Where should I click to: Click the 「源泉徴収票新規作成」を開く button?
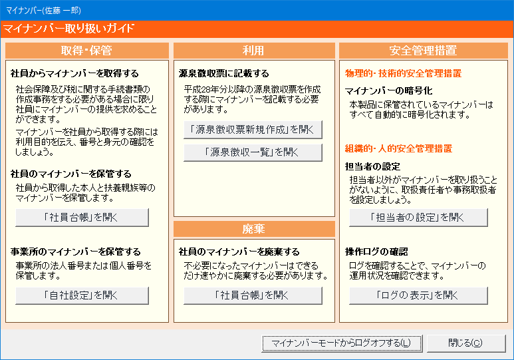pyautogui.click(x=253, y=130)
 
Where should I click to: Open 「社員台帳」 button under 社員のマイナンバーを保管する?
pyautogui.click(x=82, y=217)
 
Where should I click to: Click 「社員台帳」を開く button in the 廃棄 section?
pyautogui.click(x=253, y=295)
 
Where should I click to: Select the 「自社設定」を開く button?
pyautogui.click(x=82, y=295)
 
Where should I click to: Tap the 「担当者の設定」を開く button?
pyautogui.click(x=418, y=217)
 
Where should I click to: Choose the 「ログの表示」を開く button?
pyautogui.click(x=418, y=295)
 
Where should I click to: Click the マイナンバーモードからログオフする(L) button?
pyautogui.click(x=342, y=343)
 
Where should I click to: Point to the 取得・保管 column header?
pyautogui.click(x=87, y=51)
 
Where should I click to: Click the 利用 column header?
pyautogui.click(x=254, y=51)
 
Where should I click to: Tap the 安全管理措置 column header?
pyautogui.click(x=423, y=51)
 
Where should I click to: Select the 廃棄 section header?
pyautogui.click(x=254, y=229)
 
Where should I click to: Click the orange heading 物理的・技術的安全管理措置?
pyautogui.click(x=403, y=73)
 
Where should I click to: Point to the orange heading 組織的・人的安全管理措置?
pyautogui.click(x=398, y=148)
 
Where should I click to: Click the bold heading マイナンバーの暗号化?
pyautogui.click(x=389, y=90)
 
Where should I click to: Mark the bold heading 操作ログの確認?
pyautogui.click(x=376, y=252)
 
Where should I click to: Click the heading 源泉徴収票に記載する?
pyautogui.click(x=224, y=73)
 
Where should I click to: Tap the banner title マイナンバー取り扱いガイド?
pyautogui.click(x=68, y=29)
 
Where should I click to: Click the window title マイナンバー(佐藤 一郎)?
pyautogui.click(x=43, y=11)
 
